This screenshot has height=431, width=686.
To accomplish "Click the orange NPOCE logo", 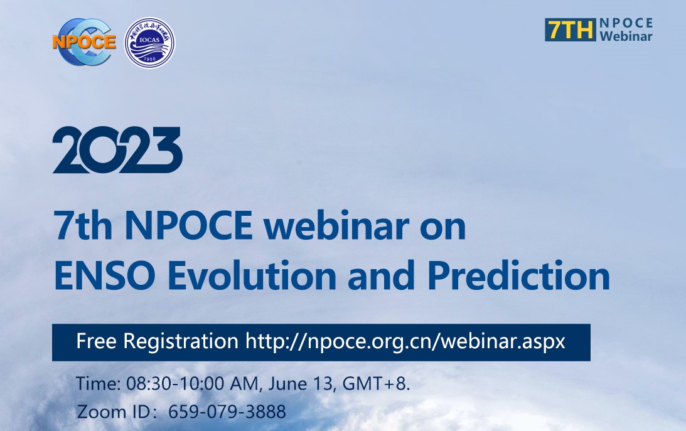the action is tap(84, 42).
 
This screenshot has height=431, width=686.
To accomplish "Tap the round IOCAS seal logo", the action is tap(149, 43).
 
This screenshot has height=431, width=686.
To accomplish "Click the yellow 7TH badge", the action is tap(571, 29).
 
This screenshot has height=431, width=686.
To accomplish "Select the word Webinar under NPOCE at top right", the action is tap(626, 36).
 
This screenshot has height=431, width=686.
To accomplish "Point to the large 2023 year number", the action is tap(117, 150).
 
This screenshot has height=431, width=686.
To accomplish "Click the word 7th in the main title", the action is tap(83, 226).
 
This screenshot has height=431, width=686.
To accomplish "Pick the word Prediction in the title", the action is tap(519, 275).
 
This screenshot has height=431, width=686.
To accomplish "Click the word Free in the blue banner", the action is tap(96, 341).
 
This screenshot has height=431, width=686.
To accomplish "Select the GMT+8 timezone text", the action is tap(376, 384).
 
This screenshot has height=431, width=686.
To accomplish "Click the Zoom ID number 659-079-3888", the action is tap(227, 412).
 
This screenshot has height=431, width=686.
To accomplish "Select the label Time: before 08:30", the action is tap(99, 384).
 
